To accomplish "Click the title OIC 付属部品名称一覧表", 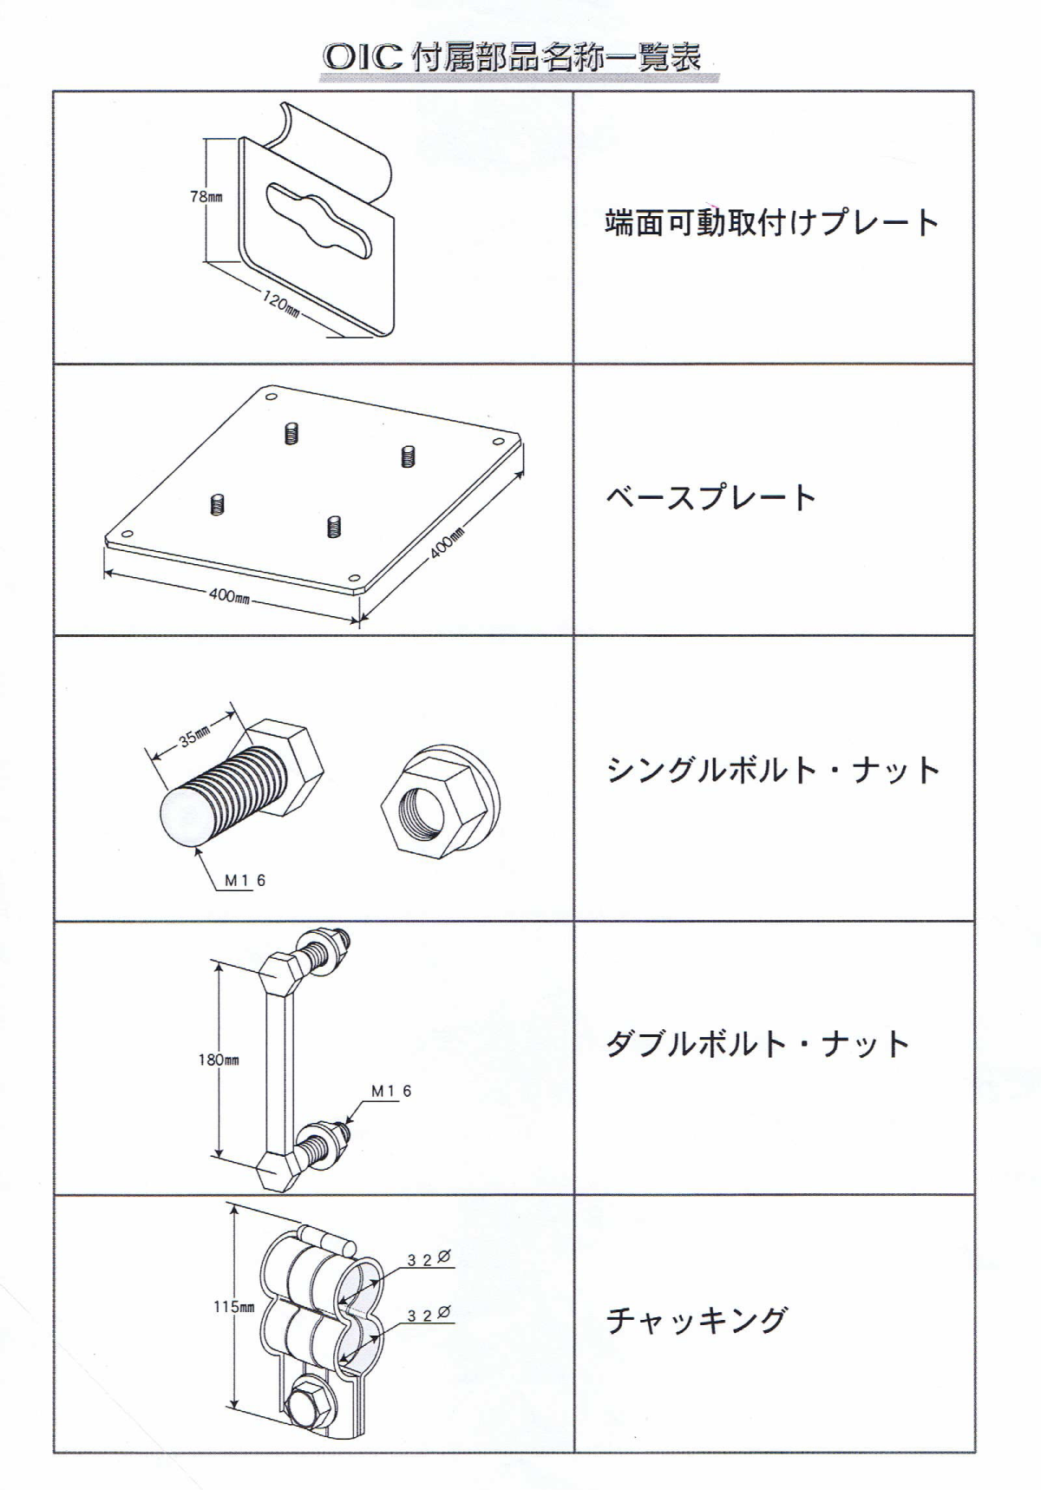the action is click(512, 57).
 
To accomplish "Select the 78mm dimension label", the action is click(206, 197).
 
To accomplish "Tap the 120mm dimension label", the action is click(281, 305).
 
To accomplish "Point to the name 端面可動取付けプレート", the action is click(772, 223).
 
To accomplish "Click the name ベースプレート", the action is click(710, 498).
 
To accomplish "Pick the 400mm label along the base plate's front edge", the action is click(230, 596).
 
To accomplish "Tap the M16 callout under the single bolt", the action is click(246, 881).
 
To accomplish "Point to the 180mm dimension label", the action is click(218, 1060).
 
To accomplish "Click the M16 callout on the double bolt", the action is click(391, 1091).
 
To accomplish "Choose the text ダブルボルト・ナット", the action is click(757, 1043).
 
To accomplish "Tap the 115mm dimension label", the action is click(234, 1307).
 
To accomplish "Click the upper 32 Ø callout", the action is click(429, 1258).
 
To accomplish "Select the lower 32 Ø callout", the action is click(429, 1315).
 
